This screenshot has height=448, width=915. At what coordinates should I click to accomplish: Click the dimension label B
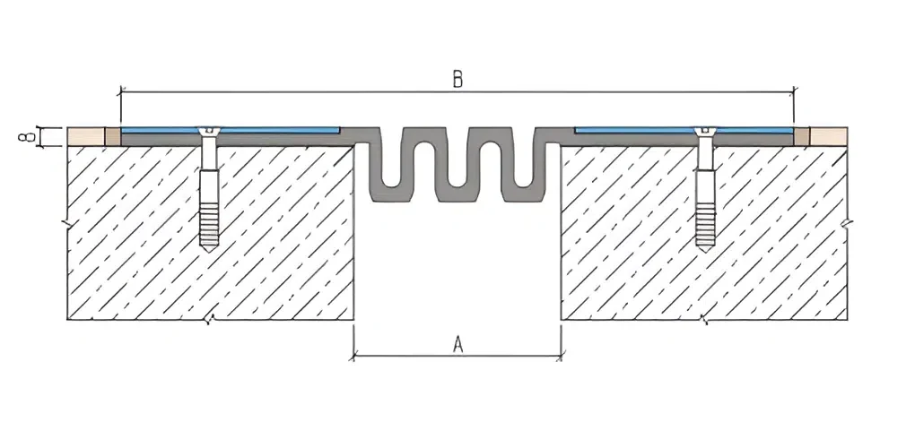(x=457, y=79)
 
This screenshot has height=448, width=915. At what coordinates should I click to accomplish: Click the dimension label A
(x=457, y=343)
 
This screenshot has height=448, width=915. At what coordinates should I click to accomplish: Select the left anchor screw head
(x=210, y=133)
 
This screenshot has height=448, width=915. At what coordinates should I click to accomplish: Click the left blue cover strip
(x=269, y=131)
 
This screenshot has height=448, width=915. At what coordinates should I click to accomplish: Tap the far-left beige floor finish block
(x=85, y=137)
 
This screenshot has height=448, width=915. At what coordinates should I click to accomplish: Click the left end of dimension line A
(x=354, y=356)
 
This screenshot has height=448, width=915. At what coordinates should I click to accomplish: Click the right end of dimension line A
(x=562, y=356)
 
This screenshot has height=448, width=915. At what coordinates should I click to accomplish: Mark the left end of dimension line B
(x=120, y=91)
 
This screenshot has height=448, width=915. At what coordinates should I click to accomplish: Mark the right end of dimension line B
(x=794, y=91)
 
